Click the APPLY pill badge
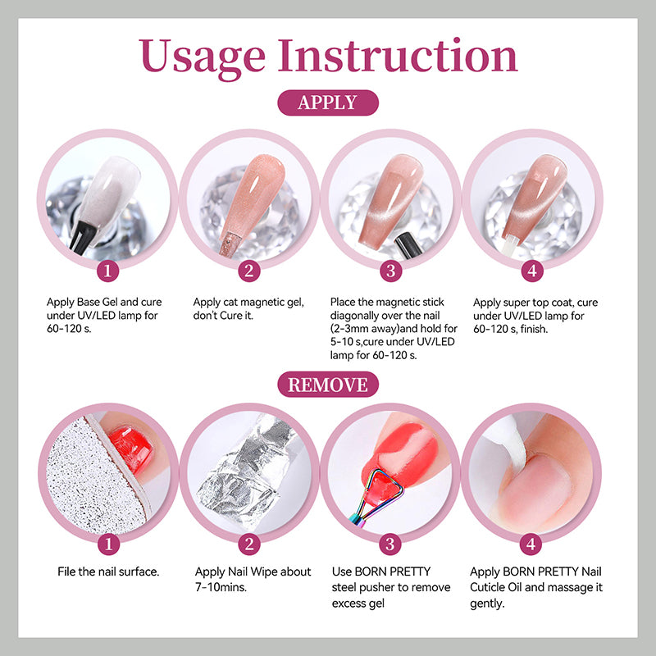click(328, 102)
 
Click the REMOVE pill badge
click(328, 385)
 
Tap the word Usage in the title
click(202, 57)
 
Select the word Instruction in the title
click(398, 55)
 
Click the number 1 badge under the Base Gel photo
click(107, 271)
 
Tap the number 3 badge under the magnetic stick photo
click(391, 271)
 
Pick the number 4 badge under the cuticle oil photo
click(531, 544)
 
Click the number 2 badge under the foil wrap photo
click(249, 544)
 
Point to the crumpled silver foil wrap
click(247, 473)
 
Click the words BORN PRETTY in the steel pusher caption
click(393, 572)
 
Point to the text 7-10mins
click(221, 587)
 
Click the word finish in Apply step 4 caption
click(535, 330)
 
